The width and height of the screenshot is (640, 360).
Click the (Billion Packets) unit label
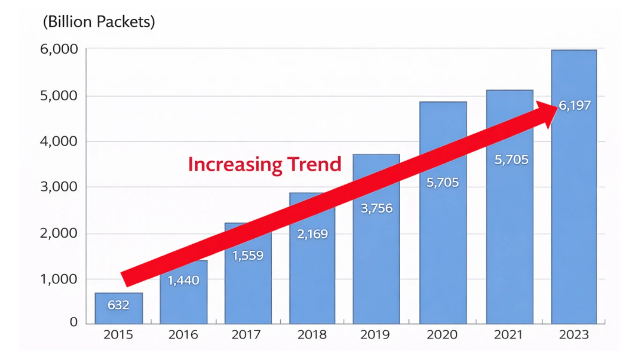point(99,22)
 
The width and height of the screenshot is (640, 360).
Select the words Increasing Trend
point(265,165)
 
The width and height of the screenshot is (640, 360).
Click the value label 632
point(118,305)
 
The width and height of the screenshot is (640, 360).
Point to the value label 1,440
point(183,280)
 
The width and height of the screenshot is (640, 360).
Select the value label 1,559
point(248,255)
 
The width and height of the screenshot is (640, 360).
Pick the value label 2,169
point(313,233)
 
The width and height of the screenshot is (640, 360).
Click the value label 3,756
point(377,208)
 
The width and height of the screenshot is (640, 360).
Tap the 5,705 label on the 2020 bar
point(443,182)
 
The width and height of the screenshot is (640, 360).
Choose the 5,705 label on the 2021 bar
point(511,160)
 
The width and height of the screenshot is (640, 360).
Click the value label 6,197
point(575,105)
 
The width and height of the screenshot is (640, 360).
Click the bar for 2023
point(574,211)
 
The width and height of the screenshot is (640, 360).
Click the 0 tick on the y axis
point(74,322)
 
